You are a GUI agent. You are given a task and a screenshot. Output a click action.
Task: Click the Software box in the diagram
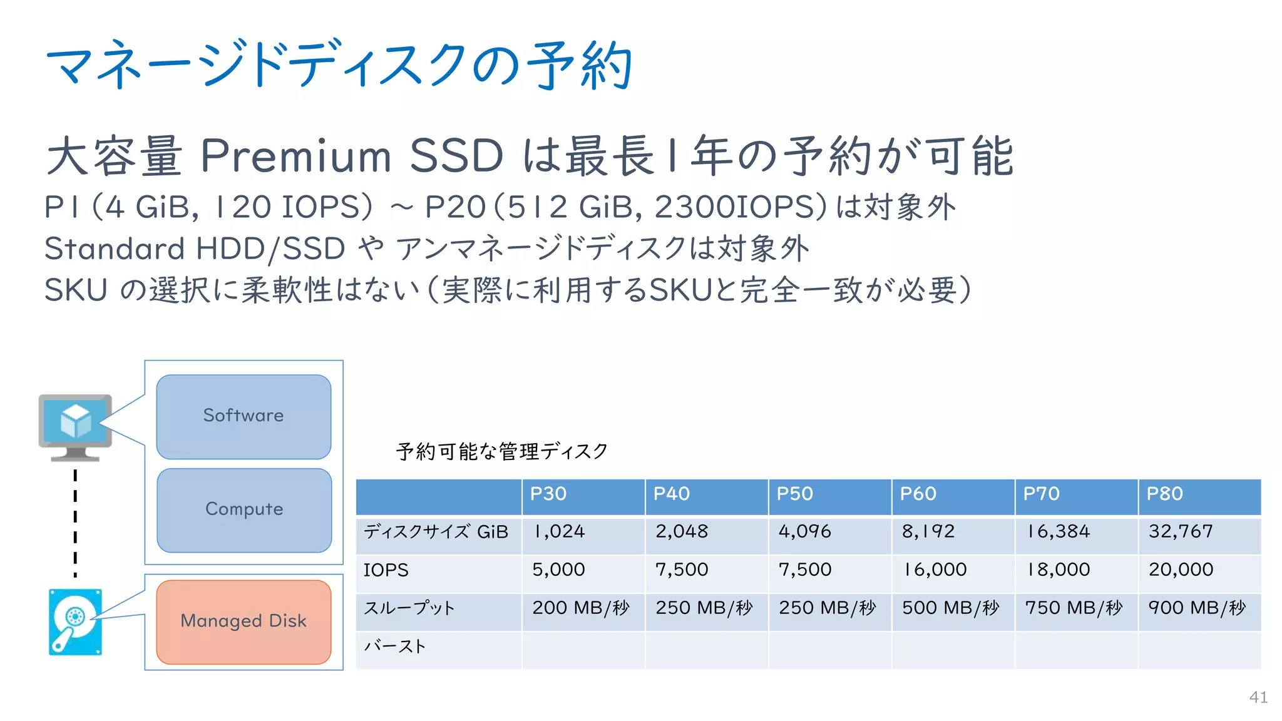[x=244, y=416]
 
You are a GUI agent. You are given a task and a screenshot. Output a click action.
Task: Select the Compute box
[x=244, y=509]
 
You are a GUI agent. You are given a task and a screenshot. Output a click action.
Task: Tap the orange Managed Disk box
[x=244, y=621]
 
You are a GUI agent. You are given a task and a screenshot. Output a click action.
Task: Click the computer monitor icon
[x=75, y=426]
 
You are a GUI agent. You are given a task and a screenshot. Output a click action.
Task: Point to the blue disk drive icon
[x=75, y=622]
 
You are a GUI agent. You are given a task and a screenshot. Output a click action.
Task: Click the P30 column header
[x=548, y=494]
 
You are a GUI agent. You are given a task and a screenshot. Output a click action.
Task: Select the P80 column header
[x=1164, y=494]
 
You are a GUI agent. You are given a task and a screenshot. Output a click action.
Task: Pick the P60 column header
[x=918, y=494]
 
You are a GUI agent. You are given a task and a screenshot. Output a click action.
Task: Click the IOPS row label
[x=386, y=570]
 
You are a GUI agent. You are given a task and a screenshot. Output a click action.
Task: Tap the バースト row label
[x=395, y=647]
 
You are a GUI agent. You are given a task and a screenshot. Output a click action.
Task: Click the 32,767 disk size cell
[x=1181, y=532]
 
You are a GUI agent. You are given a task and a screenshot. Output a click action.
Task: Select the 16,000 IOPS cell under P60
[x=934, y=570]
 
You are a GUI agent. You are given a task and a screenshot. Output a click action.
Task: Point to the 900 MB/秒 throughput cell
[x=1197, y=608]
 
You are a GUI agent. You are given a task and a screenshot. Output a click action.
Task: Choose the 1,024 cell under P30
[x=558, y=532]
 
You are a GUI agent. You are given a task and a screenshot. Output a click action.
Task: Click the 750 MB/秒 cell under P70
[x=1074, y=608]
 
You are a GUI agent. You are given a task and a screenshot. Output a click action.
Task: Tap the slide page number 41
[x=1258, y=697]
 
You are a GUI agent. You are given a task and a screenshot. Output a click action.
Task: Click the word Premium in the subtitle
[x=295, y=156]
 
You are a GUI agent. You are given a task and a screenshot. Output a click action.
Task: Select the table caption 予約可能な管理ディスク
[x=502, y=451]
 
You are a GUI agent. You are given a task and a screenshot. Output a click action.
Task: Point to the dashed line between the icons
[x=75, y=523]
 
